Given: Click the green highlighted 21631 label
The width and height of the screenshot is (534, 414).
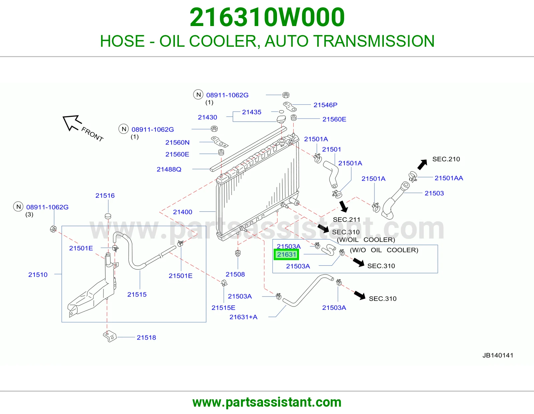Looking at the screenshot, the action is point(286,254).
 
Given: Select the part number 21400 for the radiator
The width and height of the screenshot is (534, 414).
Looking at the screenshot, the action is point(182,212).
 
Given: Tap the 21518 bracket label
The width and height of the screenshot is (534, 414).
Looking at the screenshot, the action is point(146,338).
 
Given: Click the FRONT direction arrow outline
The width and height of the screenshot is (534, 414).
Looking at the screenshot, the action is point(72,123).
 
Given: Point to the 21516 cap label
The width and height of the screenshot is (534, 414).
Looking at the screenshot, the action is point(105,195).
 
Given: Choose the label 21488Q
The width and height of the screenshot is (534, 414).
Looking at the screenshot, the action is point(169,169).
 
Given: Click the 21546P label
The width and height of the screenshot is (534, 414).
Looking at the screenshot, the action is point(325,105).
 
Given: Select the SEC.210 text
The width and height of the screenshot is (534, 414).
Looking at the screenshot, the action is point(446,159).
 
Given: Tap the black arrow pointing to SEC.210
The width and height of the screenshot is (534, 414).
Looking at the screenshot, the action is point(422,165).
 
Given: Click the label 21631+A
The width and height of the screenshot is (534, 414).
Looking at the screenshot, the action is point(243,317).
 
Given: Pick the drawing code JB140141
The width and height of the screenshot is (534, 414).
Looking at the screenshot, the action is point(498,355).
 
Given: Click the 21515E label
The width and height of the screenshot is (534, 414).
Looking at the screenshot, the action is point(223,307).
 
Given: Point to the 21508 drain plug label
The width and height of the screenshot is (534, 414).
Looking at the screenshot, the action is point(235,274).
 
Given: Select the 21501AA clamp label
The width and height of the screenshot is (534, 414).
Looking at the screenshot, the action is point(449,178).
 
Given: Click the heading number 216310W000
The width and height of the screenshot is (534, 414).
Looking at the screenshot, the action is point(267,17).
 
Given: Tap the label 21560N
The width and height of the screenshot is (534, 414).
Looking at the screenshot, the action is point(178,142).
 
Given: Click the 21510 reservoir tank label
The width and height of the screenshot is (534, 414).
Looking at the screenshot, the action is point(38,274).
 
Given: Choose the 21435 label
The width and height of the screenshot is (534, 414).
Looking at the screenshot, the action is point(252,112).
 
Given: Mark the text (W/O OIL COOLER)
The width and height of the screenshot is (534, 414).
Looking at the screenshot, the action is point(384,250).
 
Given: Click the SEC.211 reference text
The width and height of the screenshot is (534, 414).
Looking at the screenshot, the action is point(346,220).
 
